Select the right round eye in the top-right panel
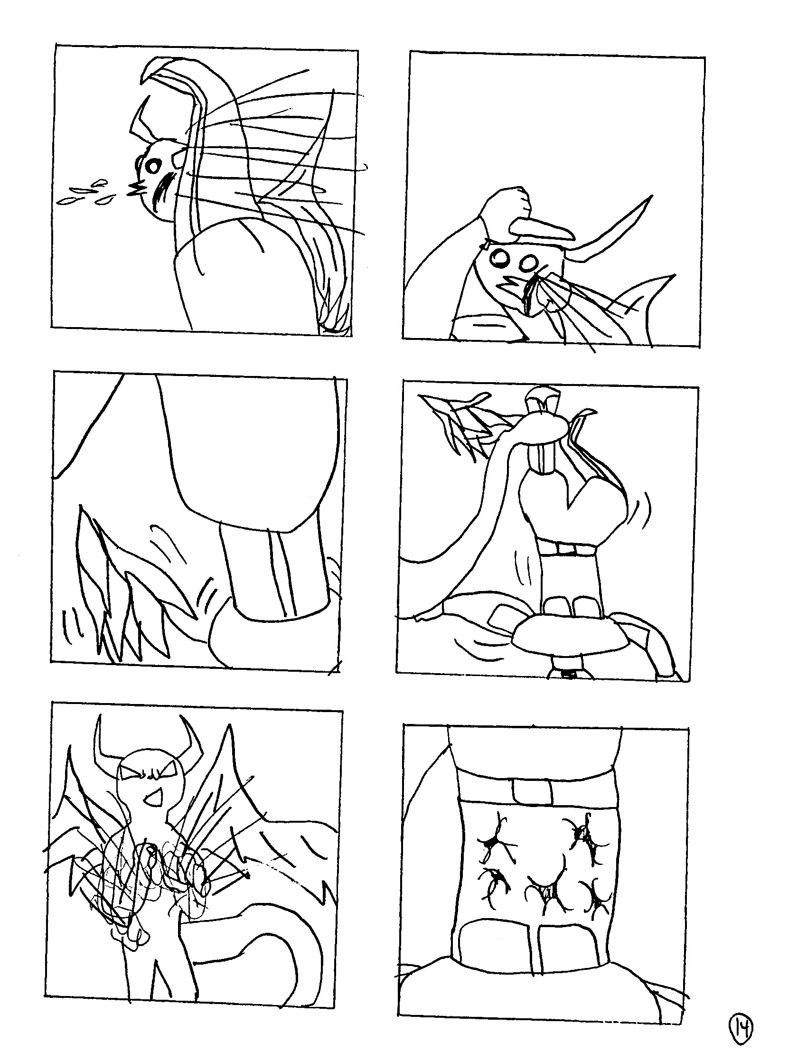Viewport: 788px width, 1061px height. [x=529, y=264]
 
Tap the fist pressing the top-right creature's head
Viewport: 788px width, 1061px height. [x=506, y=207]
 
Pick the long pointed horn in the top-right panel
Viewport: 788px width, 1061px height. [x=615, y=229]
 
